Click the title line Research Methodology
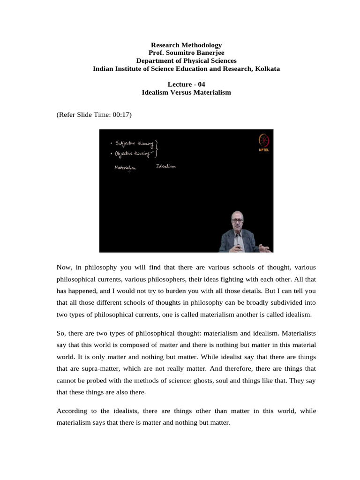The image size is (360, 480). [186, 45]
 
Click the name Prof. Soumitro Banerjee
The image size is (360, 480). [186, 53]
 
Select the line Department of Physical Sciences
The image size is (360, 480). [186, 61]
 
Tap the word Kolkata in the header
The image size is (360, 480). [267, 69]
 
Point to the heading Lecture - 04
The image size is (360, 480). [186, 84]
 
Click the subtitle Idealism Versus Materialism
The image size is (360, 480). [186, 92]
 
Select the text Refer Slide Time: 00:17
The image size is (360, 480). [94, 114]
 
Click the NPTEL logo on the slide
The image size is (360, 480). [261, 142]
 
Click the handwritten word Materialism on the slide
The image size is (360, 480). [125, 168]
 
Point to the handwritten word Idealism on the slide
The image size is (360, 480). [166, 166]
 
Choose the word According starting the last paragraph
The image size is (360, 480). [72, 411]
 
